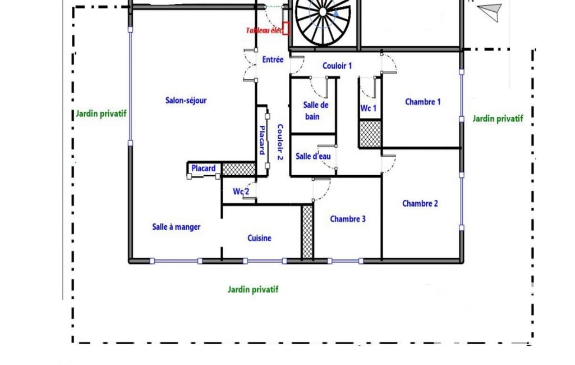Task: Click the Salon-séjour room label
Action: point(186,101)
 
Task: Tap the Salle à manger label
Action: point(176,227)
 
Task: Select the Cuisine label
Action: point(259,238)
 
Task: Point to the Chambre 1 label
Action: point(423,102)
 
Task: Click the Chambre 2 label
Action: point(420,203)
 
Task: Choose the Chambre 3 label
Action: point(348,219)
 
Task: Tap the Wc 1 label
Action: point(368,108)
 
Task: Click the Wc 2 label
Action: point(241,191)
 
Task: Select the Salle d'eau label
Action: point(313,156)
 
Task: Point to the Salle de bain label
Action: point(315,111)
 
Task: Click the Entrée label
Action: point(273,60)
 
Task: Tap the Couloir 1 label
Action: point(337,66)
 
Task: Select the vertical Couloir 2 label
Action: point(280,142)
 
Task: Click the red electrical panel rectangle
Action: point(286,28)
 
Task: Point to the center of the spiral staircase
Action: point(323,12)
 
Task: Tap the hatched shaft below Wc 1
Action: point(370,134)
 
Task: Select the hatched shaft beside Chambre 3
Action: point(307,232)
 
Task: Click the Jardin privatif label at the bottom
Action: point(253,289)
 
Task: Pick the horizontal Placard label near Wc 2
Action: point(204,168)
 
